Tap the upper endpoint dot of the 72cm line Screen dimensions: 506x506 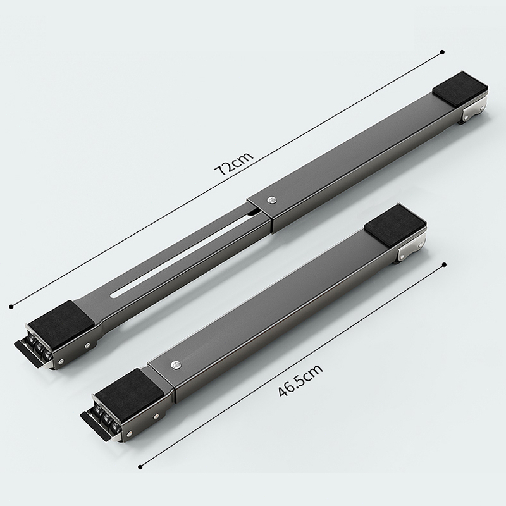(442, 52)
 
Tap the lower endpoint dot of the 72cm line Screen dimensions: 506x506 (11, 306)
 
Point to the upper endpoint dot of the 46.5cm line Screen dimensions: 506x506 (445, 264)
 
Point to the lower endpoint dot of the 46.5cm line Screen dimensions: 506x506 (140, 467)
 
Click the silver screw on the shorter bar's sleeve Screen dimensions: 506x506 (176, 365)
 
